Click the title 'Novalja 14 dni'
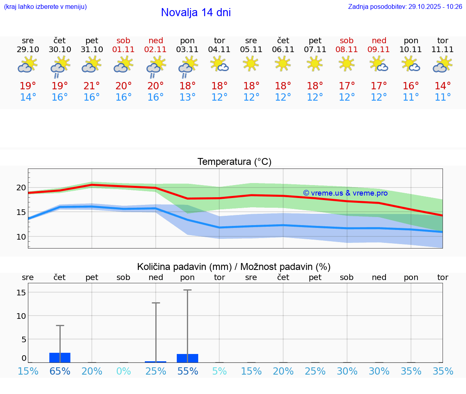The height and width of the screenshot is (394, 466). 196,13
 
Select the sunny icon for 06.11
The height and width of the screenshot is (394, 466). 283,63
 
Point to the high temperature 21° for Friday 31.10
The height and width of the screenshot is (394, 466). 92,86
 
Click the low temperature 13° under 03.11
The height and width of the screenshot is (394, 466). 187,97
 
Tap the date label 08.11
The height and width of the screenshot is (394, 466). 347,50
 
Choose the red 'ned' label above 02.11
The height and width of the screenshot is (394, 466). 156,40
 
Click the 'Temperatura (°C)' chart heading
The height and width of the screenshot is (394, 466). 234,162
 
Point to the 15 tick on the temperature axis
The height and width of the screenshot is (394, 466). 21,212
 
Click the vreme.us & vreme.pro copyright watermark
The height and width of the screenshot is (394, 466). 345,193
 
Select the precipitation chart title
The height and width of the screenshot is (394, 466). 234,267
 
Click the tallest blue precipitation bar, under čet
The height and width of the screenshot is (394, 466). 60,358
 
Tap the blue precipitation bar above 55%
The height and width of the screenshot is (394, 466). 187,358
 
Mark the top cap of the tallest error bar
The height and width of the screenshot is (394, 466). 187,290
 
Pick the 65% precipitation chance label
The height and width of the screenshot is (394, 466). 60,371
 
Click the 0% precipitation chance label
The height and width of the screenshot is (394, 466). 123,371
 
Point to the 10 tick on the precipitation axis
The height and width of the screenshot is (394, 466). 21,316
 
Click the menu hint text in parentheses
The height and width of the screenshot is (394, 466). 45,7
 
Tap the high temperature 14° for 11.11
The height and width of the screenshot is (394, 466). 443,86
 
